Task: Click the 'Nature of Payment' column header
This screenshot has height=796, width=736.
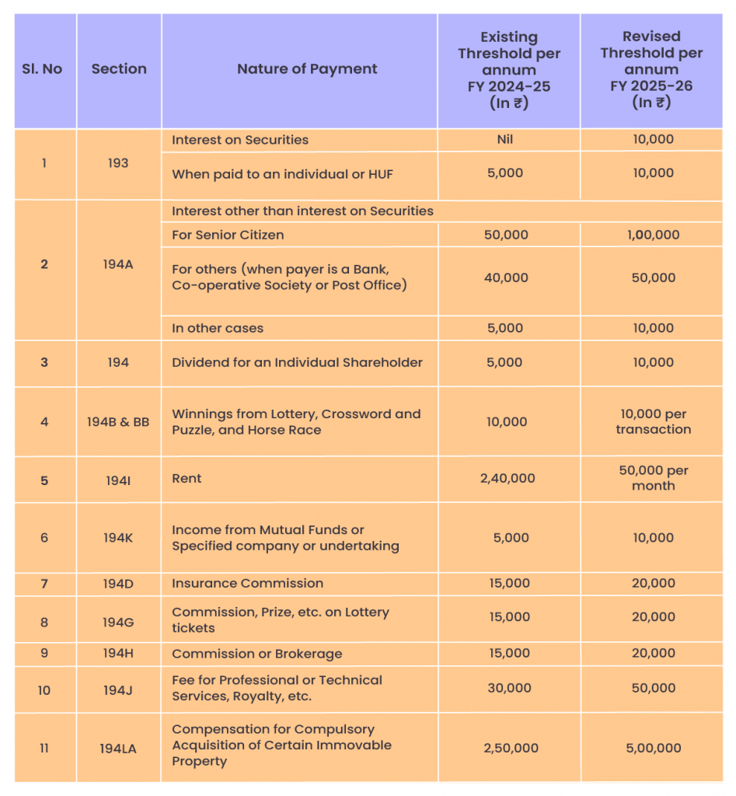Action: (307, 68)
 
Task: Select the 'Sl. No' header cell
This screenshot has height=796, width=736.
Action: (42, 68)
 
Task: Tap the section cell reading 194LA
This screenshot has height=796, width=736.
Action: (118, 748)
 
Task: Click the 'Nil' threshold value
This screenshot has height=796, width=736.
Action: (505, 139)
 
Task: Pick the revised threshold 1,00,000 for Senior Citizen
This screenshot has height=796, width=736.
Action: (653, 235)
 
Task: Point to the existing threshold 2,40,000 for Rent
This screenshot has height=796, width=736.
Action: (508, 478)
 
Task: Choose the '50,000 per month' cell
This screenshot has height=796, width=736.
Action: (653, 478)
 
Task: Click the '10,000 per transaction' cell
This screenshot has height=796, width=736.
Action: (653, 421)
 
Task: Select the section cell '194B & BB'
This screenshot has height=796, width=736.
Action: (118, 421)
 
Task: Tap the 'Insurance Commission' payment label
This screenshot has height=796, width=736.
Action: (247, 583)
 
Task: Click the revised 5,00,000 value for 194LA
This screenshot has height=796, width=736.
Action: (653, 748)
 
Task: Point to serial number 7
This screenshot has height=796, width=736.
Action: (44, 583)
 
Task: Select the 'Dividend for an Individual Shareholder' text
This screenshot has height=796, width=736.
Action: (297, 362)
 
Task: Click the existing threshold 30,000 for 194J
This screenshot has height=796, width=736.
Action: (508, 688)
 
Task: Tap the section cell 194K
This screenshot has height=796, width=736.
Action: (118, 537)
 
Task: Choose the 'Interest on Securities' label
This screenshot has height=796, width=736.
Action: (239, 140)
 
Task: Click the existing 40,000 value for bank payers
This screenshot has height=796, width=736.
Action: (506, 278)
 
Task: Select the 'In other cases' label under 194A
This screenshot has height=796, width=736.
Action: (217, 328)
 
